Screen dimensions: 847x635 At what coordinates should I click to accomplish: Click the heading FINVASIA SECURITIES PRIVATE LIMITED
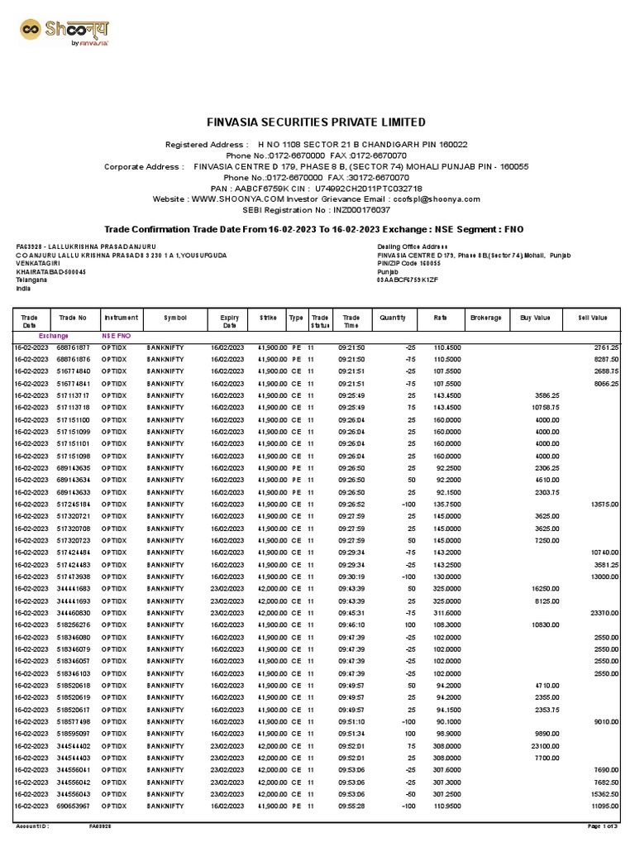(x=317, y=122)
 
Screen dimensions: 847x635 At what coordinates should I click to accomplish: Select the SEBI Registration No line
(x=317, y=210)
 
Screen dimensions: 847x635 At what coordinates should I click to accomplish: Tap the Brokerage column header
(x=485, y=317)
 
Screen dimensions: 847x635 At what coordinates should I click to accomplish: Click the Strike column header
(x=268, y=317)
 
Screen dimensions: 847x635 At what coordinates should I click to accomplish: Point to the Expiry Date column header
(x=229, y=321)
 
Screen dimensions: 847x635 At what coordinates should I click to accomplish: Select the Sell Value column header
(x=593, y=317)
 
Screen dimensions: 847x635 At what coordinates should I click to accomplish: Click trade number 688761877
(x=74, y=348)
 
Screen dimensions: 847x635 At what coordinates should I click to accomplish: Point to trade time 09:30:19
(x=351, y=577)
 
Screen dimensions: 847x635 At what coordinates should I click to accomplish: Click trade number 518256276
(x=74, y=624)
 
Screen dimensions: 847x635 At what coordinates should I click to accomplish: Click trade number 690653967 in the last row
(x=74, y=805)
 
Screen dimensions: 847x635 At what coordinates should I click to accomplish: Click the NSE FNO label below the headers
(x=116, y=337)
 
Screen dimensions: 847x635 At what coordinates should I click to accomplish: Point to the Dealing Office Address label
(x=411, y=246)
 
